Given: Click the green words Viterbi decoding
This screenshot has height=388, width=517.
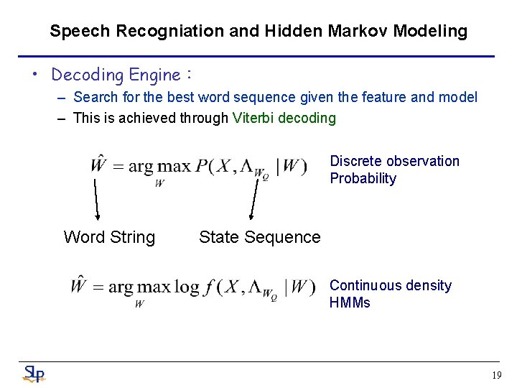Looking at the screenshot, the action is pyautogui.click(x=284, y=118).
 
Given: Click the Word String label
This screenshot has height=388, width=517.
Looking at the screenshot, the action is pyautogui.click(x=109, y=237).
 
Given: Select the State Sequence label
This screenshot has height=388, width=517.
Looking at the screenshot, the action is pyautogui.click(x=260, y=237).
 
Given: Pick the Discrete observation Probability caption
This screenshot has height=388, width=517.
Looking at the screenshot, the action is pyautogui.click(x=394, y=170).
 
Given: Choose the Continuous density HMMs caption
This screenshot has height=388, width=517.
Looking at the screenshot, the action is pyautogui.click(x=390, y=294).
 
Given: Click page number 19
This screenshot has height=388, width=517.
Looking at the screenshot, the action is pyautogui.click(x=497, y=375).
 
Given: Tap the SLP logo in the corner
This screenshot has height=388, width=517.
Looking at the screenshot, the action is pyautogui.click(x=34, y=374).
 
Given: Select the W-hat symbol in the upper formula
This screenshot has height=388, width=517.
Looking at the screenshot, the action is pyautogui.click(x=98, y=165).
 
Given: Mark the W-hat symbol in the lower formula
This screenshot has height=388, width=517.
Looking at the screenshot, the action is pyautogui.click(x=79, y=285).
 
